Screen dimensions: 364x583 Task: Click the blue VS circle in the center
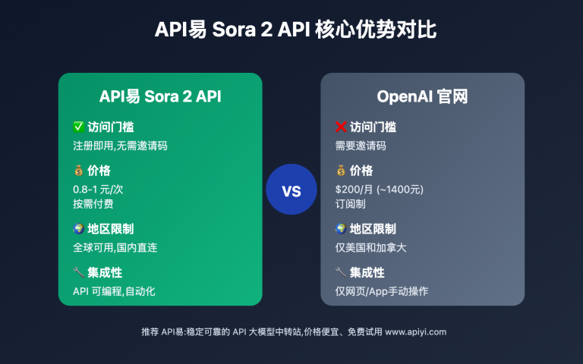point(291,190)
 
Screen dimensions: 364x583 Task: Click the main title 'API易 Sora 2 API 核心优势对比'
point(291,30)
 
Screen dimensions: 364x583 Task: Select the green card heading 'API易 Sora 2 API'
point(160,96)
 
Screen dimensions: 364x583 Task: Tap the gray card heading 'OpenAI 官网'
point(422,96)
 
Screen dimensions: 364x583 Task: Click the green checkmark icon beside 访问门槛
point(77,127)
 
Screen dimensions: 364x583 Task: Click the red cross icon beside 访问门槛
point(341,127)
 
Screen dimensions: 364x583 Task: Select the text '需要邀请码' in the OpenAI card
point(361,146)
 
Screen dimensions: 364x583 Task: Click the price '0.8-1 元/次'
point(97,189)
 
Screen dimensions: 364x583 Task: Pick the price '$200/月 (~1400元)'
point(380,189)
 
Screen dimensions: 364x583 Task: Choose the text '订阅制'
point(350,204)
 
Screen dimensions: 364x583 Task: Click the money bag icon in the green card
point(77,171)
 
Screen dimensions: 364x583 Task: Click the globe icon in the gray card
point(341,229)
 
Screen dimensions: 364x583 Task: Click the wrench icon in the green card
point(77,272)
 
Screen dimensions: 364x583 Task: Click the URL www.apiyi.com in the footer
point(416,331)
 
